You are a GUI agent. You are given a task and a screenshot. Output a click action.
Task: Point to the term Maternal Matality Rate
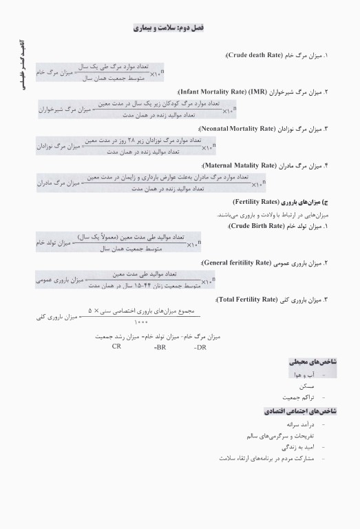[x=239, y=166]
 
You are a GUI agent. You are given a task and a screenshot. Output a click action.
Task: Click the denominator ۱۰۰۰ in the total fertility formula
[x=141, y=322]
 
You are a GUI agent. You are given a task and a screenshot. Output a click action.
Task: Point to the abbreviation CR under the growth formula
[x=116, y=347]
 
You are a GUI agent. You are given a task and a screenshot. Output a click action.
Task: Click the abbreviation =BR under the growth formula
[x=160, y=348]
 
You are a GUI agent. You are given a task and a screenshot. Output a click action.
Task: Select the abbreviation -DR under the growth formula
[x=200, y=348]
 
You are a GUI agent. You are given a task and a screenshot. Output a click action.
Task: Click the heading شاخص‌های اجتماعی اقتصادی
[x=300, y=411]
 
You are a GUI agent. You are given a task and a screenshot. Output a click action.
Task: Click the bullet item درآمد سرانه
[x=299, y=425]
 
